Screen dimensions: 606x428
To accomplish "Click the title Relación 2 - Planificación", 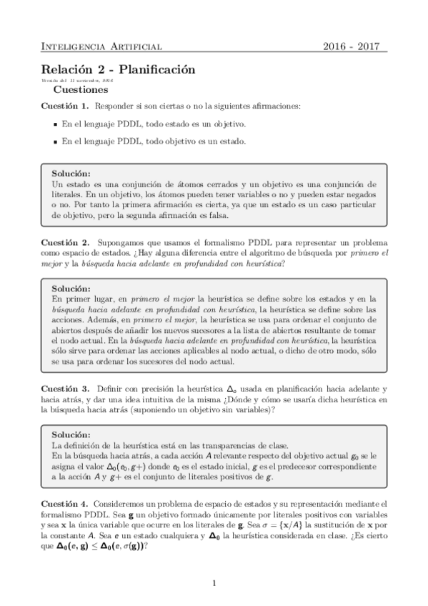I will [x=118, y=70].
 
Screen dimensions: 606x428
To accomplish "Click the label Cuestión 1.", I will [x=64, y=106].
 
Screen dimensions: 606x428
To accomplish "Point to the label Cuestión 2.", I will [x=64, y=242].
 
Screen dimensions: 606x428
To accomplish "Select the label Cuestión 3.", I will [x=64, y=388].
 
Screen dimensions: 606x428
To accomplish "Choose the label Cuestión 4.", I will [x=64, y=504].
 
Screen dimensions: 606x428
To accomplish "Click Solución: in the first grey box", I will [x=71, y=174].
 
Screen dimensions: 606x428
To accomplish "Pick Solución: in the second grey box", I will [x=71, y=288].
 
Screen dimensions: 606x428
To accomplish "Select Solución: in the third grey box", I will [x=71, y=434].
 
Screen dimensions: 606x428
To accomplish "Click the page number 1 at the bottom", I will [x=214, y=583].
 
